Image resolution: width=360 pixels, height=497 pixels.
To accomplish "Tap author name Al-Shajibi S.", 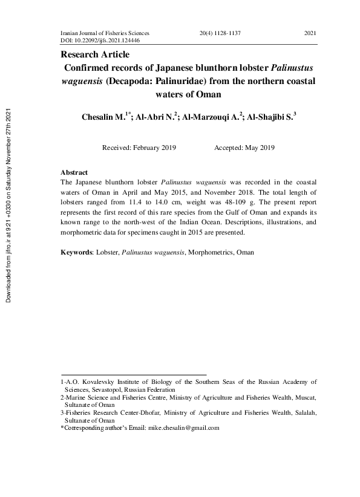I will (x=270, y=117).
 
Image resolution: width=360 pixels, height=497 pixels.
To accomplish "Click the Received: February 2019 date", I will (x=139, y=148).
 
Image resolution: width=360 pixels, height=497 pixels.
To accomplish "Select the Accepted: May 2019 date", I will (x=244, y=148).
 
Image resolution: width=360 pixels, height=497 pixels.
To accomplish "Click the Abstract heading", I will (x=74, y=173).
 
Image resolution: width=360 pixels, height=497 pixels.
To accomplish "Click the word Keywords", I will (x=76, y=252).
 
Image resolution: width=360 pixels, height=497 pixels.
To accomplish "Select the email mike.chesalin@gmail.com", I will (x=183, y=427).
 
